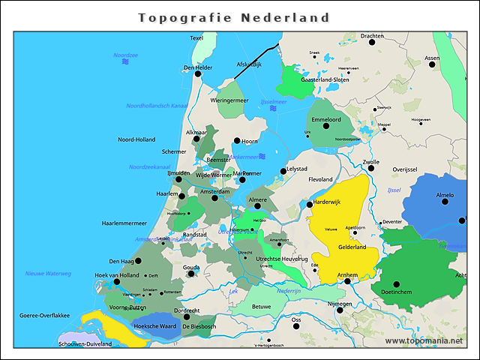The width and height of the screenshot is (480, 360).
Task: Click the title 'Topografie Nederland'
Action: point(234,17)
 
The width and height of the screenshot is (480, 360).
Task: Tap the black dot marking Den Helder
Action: point(198,74)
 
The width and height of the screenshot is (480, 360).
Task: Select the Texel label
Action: point(196,38)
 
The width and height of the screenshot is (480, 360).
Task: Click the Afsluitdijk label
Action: point(249,64)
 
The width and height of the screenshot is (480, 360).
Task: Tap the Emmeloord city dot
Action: point(326,126)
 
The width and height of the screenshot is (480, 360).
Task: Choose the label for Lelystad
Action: point(299,170)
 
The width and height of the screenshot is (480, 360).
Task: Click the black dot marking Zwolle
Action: point(370,169)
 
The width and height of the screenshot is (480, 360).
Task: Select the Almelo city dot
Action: point(444,202)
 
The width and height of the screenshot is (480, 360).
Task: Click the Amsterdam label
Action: point(214,191)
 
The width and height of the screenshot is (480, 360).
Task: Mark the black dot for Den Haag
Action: point(138,261)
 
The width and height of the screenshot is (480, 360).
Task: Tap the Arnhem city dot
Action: point(347,282)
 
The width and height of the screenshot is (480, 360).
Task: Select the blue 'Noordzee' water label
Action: point(125,55)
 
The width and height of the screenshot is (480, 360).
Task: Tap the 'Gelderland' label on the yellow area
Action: point(352,247)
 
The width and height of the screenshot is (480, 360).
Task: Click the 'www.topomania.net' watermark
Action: point(424,340)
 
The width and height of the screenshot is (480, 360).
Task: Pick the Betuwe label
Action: point(261,306)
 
